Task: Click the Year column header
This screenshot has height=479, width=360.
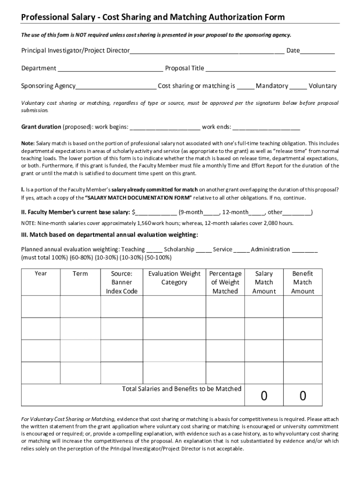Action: pos(41,274)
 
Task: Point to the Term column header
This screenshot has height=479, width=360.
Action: pos(80,274)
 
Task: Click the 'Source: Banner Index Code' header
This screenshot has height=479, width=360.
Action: pos(122,282)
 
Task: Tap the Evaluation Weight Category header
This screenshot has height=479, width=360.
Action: pos(174,278)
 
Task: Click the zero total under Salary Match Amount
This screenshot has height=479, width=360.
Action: pos(264,397)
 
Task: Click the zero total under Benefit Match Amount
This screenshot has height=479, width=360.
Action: pos(302,397)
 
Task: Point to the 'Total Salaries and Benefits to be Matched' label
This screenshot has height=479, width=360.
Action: pos(181,389)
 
